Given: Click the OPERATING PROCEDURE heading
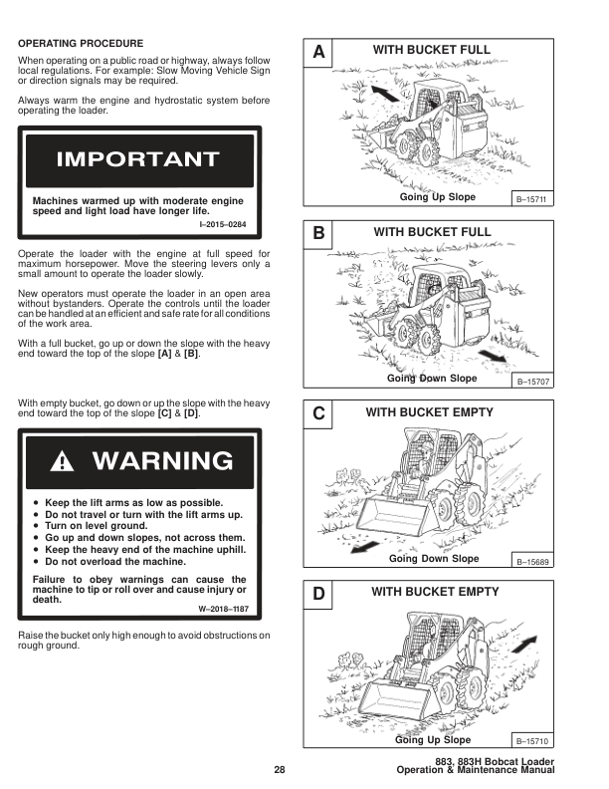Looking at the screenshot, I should [81, 44].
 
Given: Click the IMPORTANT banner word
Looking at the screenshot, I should [138, 159].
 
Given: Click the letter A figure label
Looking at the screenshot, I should [317, 51].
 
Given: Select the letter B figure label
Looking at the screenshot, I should [317, 234].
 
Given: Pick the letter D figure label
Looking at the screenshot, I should [317, 595].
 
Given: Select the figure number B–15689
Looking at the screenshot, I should [532, 563].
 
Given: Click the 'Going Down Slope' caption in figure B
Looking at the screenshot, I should [432, 379].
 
